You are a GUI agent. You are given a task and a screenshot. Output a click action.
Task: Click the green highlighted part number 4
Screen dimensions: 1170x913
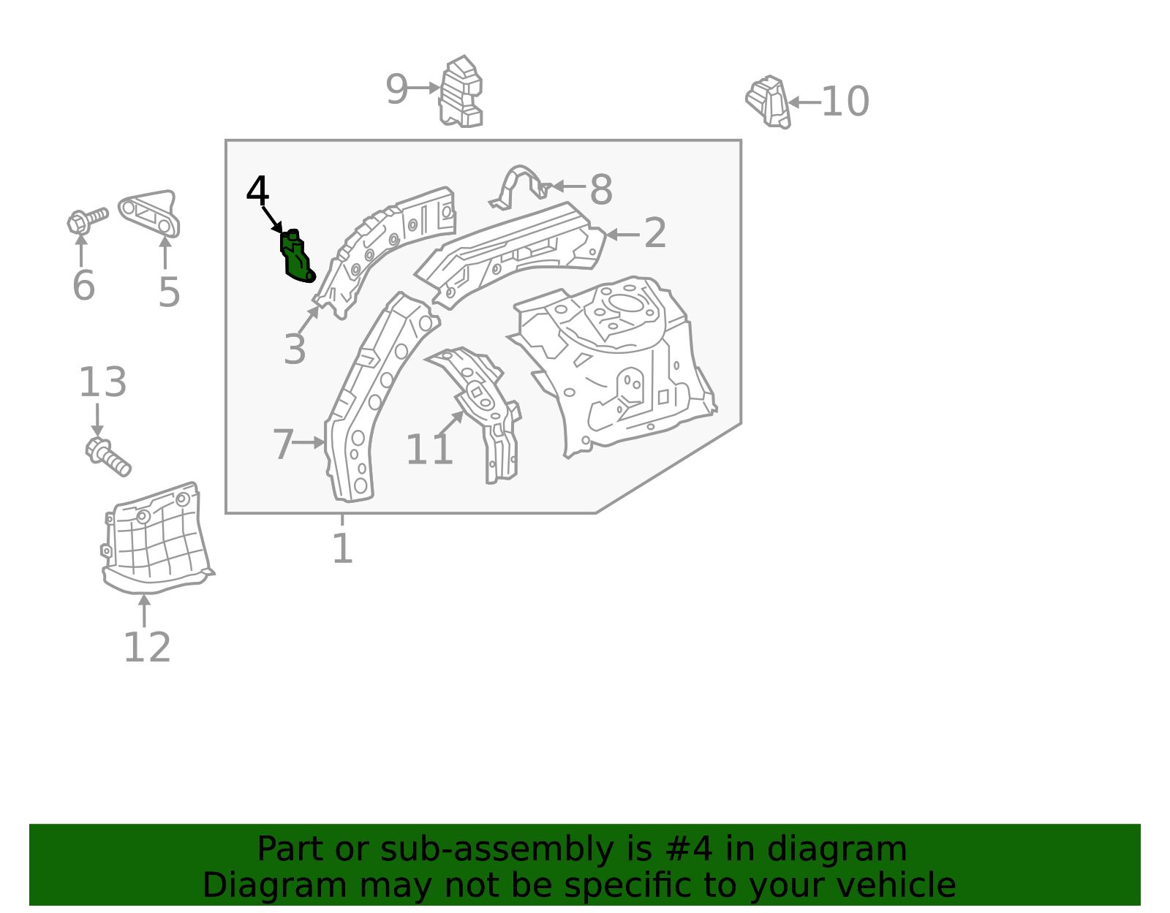pos(296,257)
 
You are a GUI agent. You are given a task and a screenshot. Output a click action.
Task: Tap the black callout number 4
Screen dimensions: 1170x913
pos(257,190)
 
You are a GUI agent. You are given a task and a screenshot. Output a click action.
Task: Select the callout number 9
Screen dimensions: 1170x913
pos(397,89)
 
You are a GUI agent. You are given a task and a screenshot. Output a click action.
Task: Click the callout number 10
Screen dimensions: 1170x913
pos(845,101)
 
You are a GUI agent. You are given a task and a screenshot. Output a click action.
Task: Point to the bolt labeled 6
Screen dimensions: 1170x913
pos(87,221)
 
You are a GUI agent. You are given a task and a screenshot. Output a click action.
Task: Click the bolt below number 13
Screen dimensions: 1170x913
pos(107,458)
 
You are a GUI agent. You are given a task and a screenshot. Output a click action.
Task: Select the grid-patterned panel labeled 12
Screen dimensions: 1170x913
pos(156,538)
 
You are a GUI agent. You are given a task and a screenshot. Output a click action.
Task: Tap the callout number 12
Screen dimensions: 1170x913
pos(147,647)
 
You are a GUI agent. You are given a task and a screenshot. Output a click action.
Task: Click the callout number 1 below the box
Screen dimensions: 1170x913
pos(343,548)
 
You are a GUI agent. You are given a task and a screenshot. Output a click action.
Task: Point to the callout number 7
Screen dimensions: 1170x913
pos(283,444)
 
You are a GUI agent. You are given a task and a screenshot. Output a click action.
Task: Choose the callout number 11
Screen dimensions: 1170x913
pos(429,450)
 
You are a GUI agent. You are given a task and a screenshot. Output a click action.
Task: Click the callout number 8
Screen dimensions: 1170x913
pos(601,189)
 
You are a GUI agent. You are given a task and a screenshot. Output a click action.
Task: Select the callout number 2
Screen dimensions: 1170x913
pos(655,233)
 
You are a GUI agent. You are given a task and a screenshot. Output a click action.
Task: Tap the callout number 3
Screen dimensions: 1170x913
pos(295,349)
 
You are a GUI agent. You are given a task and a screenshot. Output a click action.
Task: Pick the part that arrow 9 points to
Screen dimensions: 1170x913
pos(461,91)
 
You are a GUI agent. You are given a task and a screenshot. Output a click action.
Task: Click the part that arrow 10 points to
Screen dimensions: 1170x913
pos(769,102)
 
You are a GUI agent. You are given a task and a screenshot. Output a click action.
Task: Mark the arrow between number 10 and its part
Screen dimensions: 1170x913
pos(804,102)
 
